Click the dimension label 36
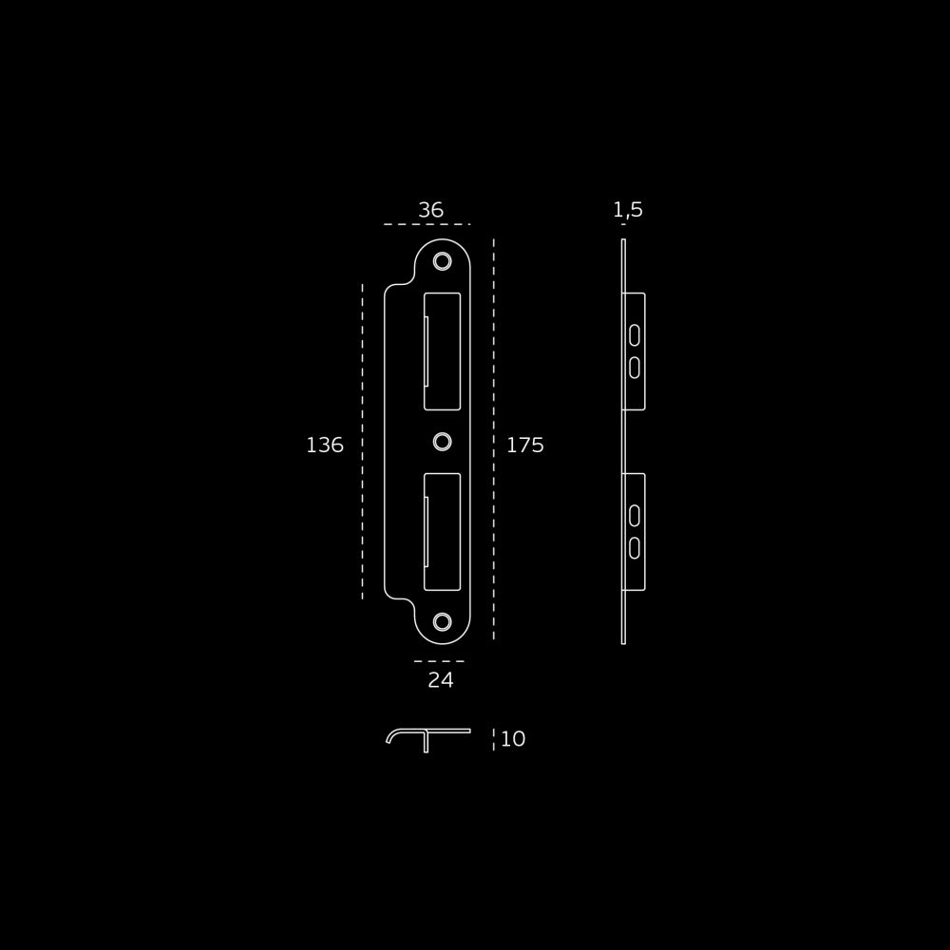430,210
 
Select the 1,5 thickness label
628,210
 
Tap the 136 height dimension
325,446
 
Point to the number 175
525,446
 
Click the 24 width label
441,680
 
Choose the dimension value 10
513,738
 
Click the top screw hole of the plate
443,262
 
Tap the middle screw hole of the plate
443,442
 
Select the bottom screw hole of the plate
443,621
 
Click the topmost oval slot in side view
635,335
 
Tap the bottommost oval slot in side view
635,548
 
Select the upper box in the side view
644,351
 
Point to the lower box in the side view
644,531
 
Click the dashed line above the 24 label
439,661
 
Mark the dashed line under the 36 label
427,224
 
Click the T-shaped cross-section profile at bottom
426,731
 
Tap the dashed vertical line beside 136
362,442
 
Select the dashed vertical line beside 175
494,439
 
